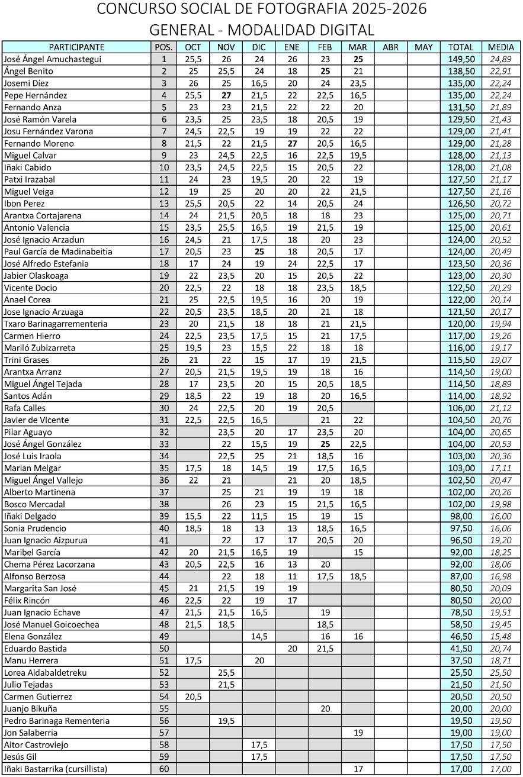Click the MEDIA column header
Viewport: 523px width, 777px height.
[x=500, y=47]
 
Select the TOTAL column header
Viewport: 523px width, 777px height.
[x=461, y=47]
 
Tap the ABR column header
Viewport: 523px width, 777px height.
[x=391, y=47]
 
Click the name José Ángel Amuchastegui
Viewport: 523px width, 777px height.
[x=53, y=59]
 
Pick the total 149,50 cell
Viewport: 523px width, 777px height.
[x=461, y=59]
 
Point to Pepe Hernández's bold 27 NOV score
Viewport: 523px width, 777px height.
[x=226, y=95]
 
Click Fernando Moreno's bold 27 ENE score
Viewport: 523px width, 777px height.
[x=291, y=143]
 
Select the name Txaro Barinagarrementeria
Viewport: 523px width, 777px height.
[x=56, y=324]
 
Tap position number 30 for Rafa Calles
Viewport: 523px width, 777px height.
[x=164, y=408]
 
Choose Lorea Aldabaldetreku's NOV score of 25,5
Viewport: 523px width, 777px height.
[x=226, y=672]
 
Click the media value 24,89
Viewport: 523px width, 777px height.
[x=500, y=59]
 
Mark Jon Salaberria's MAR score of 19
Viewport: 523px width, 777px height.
[x=358, y=733]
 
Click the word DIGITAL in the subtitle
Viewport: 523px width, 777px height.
[x=345, y=30]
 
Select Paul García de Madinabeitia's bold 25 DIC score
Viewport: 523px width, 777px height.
[x=259, y=252]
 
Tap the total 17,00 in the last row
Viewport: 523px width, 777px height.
[x=461, y=769]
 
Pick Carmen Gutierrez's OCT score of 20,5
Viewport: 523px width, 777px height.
[x=193, y=697]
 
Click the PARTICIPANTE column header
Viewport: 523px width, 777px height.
[x=76, y=47]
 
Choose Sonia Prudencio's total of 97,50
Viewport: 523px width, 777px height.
[x=461, y=528]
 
